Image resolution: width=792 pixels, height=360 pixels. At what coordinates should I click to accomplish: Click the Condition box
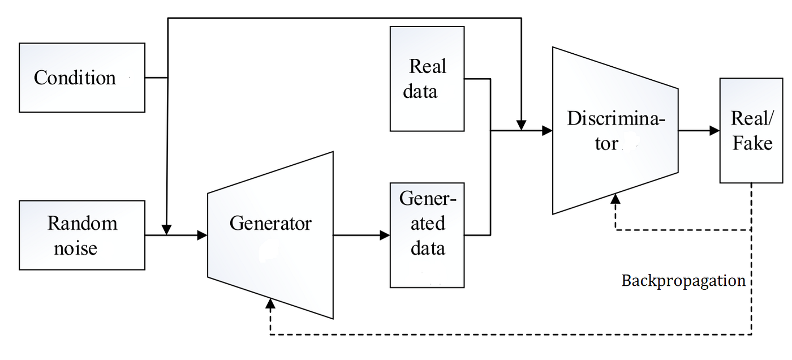82,78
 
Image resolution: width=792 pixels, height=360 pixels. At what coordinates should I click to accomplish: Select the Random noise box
82,235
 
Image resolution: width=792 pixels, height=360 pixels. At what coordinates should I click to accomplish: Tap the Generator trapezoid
270,235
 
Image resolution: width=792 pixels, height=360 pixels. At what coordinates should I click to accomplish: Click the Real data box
427,79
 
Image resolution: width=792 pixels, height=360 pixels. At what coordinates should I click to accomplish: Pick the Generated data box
427,235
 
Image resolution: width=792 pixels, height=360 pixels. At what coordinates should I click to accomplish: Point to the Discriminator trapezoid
615,131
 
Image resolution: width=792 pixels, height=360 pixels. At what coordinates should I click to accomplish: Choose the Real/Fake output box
751,131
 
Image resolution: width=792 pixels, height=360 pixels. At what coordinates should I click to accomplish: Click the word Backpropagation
683,281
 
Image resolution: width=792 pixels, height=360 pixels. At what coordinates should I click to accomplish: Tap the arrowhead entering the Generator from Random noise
202,235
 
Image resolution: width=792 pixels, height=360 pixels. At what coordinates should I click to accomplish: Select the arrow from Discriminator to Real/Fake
698,131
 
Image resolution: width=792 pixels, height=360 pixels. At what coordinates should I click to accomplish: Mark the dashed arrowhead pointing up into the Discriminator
615,198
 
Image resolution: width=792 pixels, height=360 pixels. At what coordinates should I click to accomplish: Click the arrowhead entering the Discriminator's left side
546,131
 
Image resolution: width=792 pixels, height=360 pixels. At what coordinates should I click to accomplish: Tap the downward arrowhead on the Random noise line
167,229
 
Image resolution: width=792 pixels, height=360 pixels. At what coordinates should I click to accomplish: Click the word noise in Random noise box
75,248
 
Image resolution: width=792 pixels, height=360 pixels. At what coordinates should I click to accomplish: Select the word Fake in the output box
752,143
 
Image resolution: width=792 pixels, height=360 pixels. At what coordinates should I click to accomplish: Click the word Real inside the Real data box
428,67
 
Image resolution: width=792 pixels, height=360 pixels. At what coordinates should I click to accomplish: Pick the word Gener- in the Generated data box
428,199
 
